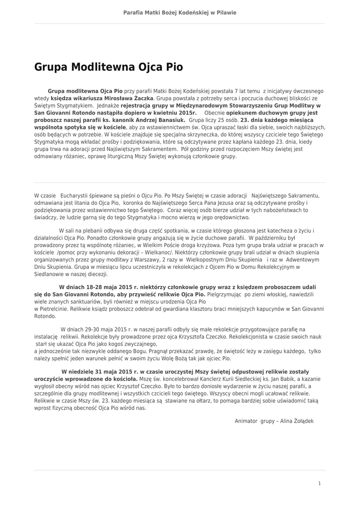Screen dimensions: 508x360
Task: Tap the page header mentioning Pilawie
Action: pyautogui.click(x=180, y=12)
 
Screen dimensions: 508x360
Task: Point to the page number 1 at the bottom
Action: pyautogui.click(x=319, y=483)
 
